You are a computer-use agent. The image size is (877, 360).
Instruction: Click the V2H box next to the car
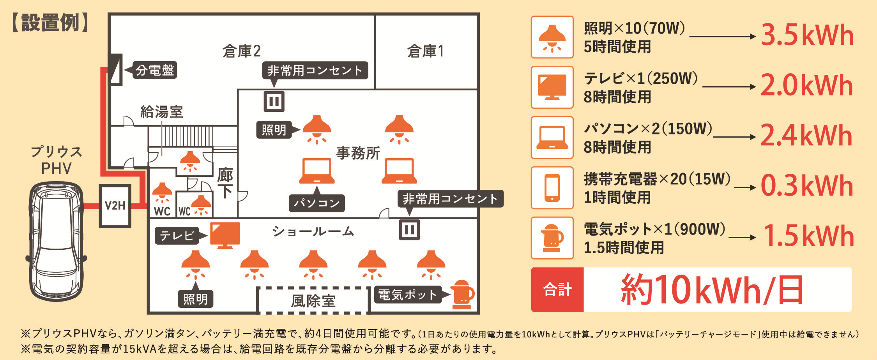point(115,206)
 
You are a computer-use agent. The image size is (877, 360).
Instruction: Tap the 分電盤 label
point(155,70)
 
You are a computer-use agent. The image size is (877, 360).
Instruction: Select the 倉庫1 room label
point(426,51)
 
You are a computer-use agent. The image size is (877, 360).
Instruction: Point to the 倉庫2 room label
point(242,51)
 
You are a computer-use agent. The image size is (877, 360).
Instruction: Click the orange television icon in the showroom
point(225,235)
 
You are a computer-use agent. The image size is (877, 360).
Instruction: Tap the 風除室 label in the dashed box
point(313,301)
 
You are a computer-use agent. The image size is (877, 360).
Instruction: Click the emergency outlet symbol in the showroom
point(409,229)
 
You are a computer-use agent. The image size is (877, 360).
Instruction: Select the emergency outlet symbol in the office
point(274,102)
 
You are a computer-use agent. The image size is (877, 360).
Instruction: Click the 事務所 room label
point(358,153)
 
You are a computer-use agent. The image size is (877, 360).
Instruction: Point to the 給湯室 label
point(161,112)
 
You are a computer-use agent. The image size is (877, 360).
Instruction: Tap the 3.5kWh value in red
point(807,35)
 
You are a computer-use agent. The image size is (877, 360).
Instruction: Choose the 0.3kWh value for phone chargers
point(807,186)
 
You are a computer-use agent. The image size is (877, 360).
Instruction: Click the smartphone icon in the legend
point(552,188)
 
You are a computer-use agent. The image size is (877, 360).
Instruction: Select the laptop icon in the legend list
point(552,138)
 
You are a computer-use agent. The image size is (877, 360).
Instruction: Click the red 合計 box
point(557,289)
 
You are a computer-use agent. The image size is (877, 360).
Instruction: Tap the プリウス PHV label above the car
point(57,160)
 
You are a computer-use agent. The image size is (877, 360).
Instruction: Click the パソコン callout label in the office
point(316,203)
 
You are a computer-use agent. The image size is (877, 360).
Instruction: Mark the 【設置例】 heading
point(51,23)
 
